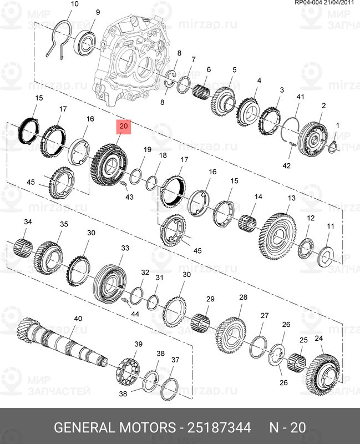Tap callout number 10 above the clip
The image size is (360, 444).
click(x=75, y=4)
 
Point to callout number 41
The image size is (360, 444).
click(x=300, y=97)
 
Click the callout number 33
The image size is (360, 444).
click(x=125, y=248)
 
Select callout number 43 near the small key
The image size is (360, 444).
click(x=129, y=197)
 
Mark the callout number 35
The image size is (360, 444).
click(x=64, y=224)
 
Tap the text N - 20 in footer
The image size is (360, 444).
click(x=287, y=428)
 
